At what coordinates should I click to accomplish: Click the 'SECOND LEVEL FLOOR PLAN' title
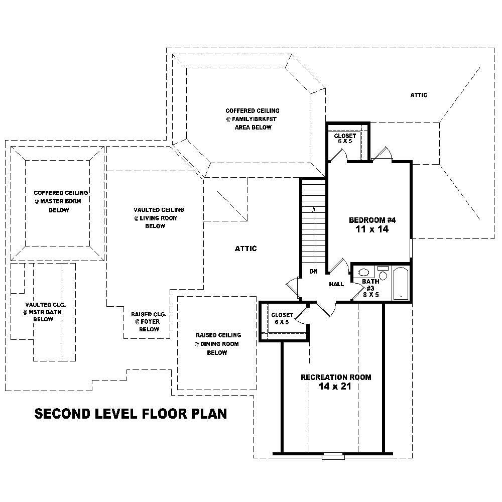coord(131,414)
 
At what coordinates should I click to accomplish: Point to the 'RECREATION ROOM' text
coord(336,377)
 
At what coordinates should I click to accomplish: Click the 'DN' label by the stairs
coord(313,272)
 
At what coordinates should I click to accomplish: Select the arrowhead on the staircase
coord(313,209)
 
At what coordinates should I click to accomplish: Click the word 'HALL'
coord(336,284)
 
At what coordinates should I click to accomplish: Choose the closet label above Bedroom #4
coord(345,139)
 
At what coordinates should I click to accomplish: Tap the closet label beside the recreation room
coord(282,318)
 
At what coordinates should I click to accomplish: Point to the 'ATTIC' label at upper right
coord(419,95)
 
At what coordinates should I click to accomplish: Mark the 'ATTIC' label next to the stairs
coord(246,248)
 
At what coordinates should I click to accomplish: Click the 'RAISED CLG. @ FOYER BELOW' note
coord(149,322)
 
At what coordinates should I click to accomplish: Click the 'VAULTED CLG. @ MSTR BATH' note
coord(43,312)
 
